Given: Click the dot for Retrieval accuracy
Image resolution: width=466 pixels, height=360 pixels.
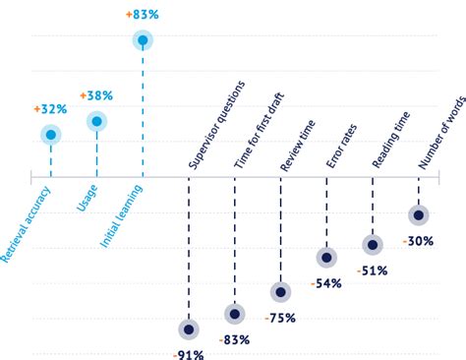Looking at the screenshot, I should [x=50, y=135].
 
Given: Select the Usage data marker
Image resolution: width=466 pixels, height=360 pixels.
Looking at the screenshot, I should [x=96, y=122].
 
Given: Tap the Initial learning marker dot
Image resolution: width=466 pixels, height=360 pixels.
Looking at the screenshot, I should [x=144, y=40].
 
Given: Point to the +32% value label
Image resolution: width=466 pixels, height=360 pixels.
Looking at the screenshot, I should [x=49, y=109].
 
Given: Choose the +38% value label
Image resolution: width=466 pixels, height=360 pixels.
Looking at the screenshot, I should [x=96, y=96].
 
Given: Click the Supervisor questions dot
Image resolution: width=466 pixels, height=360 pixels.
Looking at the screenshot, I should [x=188, y=330].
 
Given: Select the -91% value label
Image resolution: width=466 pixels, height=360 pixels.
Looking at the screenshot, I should [x=188, y=353].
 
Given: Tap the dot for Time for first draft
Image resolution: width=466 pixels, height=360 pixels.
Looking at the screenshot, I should [x=234, y=314].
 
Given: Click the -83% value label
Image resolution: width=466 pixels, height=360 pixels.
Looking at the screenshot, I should [x=234, y=339].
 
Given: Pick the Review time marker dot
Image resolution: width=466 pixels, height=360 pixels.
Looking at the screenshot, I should [x=280, y=292].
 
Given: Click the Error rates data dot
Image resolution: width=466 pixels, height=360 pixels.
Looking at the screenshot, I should [x=325, y=258].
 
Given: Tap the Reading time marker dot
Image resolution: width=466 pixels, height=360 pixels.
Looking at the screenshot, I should [x=372, y=245].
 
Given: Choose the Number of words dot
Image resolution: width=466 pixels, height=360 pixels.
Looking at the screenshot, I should [x=418, y=214].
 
